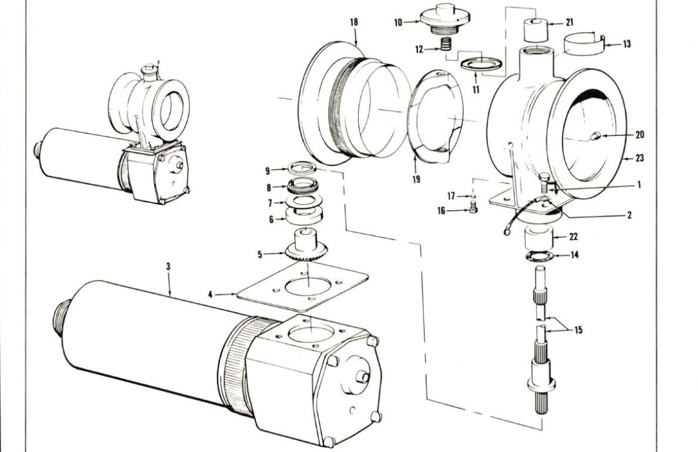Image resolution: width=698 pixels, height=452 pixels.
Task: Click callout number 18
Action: [353, 22]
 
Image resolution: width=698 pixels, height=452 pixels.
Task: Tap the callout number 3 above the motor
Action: [169, 267]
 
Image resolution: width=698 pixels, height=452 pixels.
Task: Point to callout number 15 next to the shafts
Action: [578, 331]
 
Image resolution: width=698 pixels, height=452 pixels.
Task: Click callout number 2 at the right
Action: [629, 216]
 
